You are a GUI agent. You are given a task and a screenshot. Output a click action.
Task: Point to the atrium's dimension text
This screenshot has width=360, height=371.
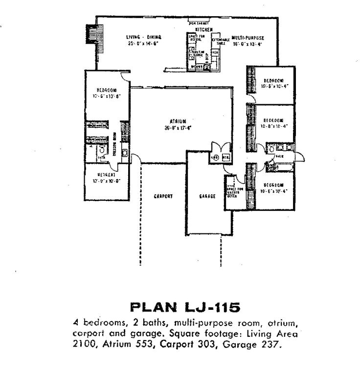point(178,128)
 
